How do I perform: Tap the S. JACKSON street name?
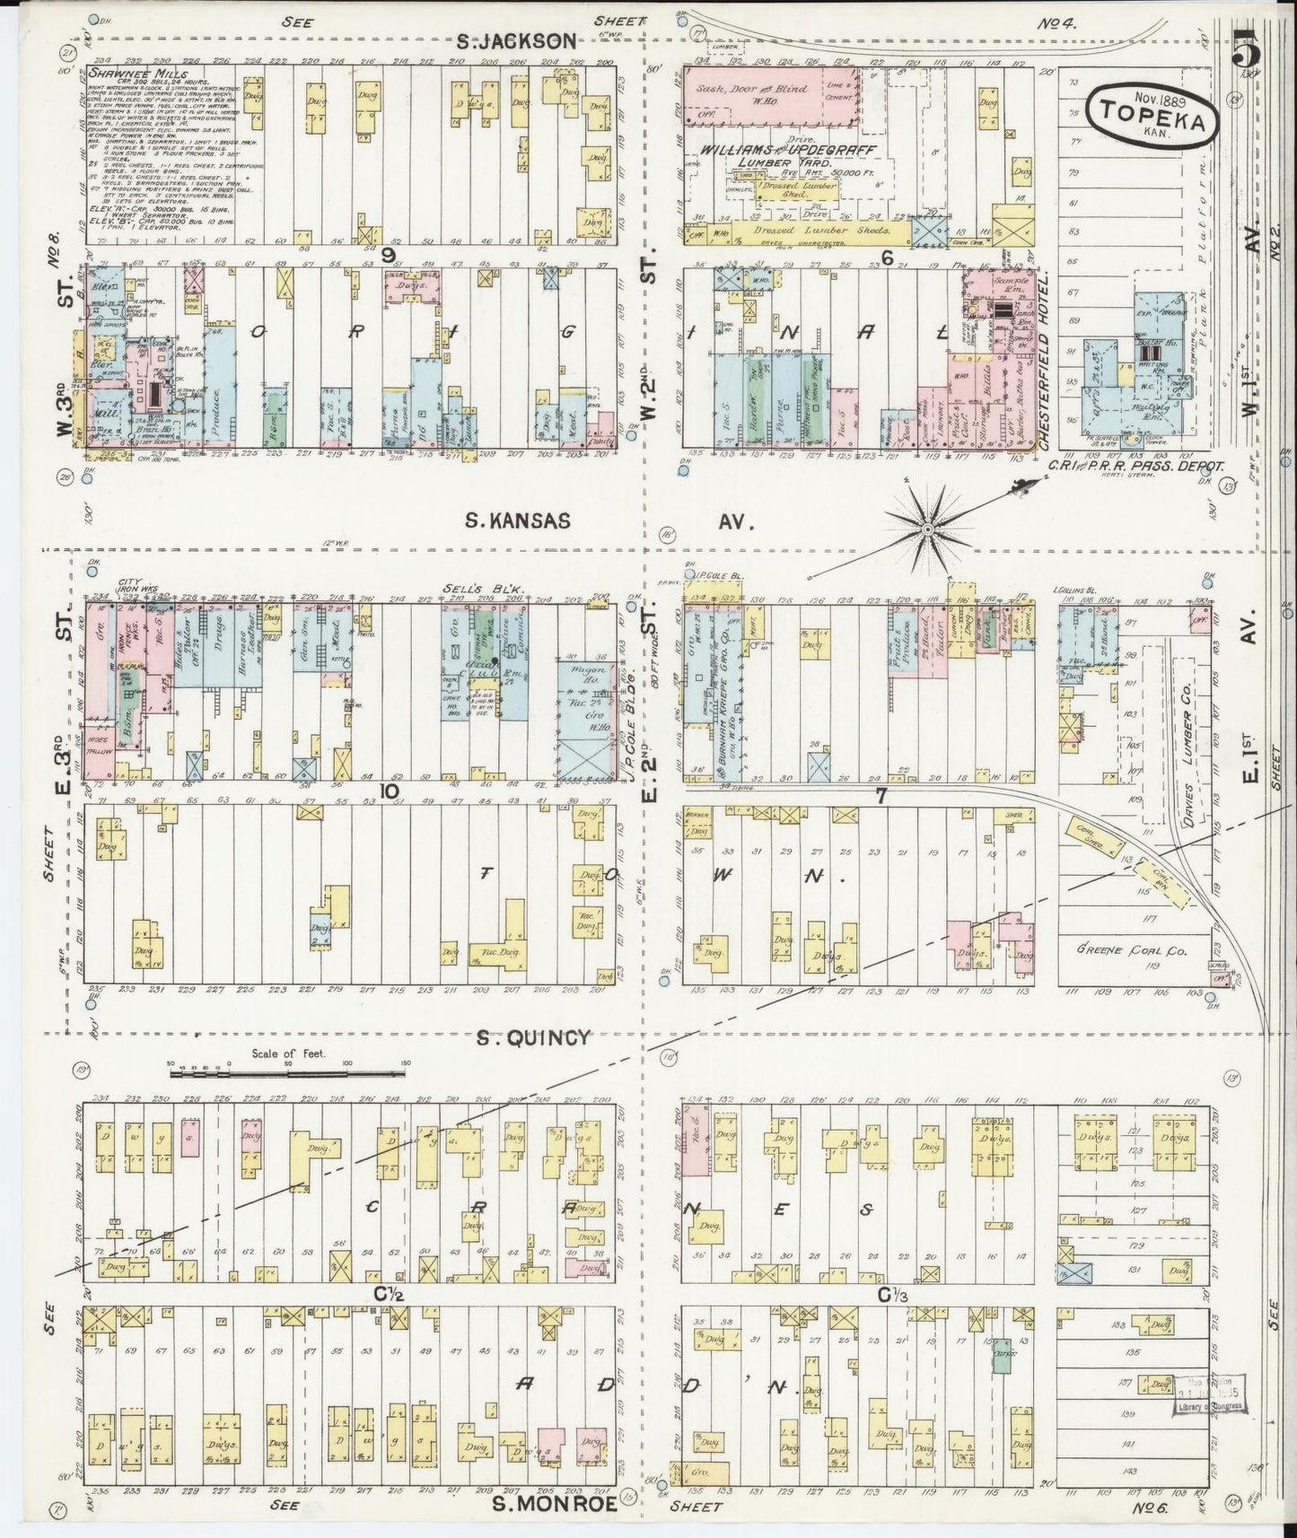tap(514, 40)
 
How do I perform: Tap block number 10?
tap(389, 791)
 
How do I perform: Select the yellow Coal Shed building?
tap(1094, 835)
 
